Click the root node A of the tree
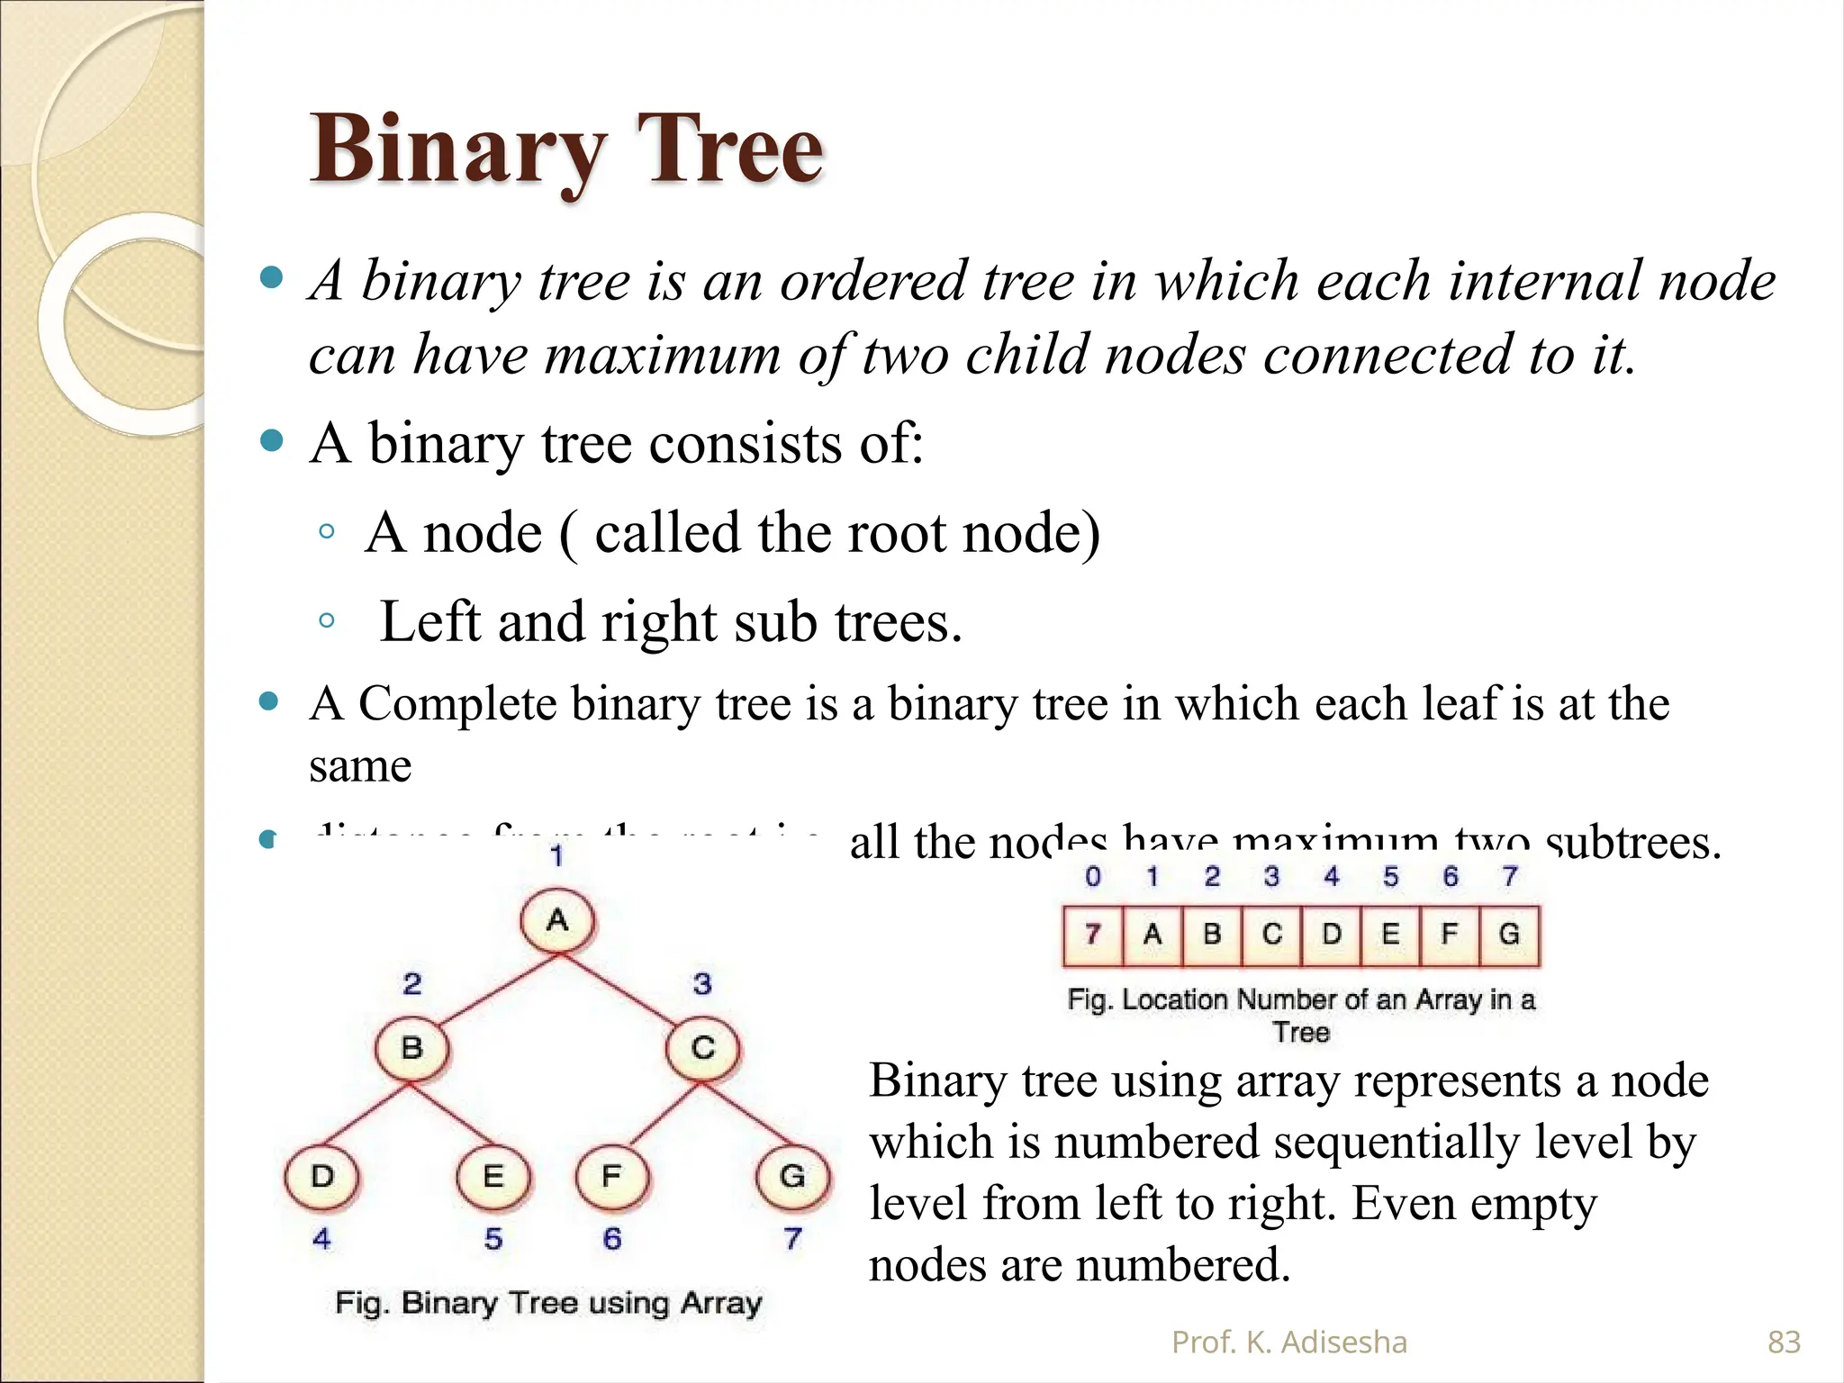tap(557, 920)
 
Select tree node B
tap(411, 1048)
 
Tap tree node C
tap(703, 1048)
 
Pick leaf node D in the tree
tap(321, 1176)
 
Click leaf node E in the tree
tap(493, 1176)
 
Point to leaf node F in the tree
tap(612, 1176)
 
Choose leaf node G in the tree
tap(792, 1176)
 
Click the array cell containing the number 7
tap(1093, 936)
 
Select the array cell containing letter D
tap(1331, 936)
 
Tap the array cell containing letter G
tap(1509, 936)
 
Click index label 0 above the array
tap(1093, 876)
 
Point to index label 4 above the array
tap(1331, 876)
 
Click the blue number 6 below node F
tap(612, 1239)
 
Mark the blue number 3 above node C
tap(702, 983)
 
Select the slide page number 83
tap(1784, 1342)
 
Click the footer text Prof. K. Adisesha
tap(1288, 1342)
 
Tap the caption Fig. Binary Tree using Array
tap(548, 1303)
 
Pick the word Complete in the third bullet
tap(456, 704)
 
